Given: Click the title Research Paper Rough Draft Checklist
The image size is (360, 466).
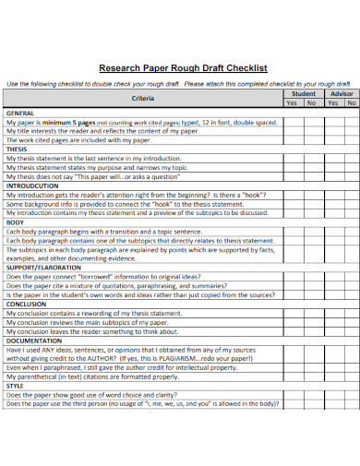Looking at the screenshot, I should (x=183, y=67).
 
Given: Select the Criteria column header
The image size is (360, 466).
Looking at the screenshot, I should (x=143, y=98).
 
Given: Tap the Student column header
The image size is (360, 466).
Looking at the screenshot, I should (x=303, y=94).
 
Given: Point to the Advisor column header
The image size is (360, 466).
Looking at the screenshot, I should (x=342, y=94).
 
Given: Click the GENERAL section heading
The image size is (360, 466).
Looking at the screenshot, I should (x=20, y=113).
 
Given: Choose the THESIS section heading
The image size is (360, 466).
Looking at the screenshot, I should (x=18, y=149).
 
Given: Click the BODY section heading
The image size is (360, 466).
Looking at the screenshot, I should (x=15, y=221).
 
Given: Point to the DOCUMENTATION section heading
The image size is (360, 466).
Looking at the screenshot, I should (x=34, y=340).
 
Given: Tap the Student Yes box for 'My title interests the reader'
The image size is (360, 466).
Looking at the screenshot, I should (x=293, y=131).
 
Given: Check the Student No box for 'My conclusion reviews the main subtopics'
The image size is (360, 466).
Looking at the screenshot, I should (x=312, y=321).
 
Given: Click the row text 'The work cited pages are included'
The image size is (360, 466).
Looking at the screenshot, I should (x=78, y=139).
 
